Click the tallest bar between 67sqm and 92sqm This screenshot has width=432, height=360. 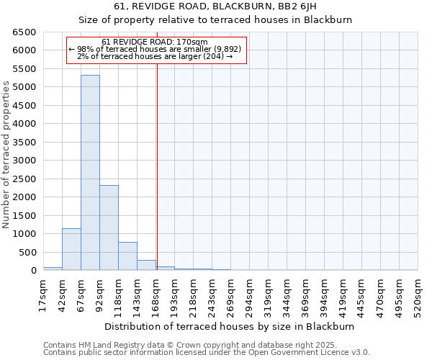pyautogui.click(x=90, y=173)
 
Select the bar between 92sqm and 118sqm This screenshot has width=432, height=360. pyautogui.click(x=109, y=228)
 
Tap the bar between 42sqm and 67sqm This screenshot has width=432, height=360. pyautogui.click(x=71, y=249)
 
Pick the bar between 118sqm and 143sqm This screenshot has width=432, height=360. pyautogui.click(x=127, y=256)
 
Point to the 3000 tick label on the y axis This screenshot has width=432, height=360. pyautogui.click(x=23, y=161)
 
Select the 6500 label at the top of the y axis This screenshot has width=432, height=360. pyautogui.click(x=23, y=32)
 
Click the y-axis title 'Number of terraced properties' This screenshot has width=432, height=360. pyautogui.click(x=6, y=155)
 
